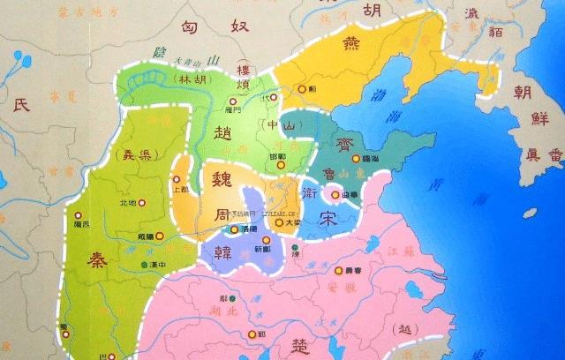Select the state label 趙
point(223,133)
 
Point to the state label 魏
point(216,176)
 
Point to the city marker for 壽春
point(338,271)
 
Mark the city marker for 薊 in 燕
point(302,89)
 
